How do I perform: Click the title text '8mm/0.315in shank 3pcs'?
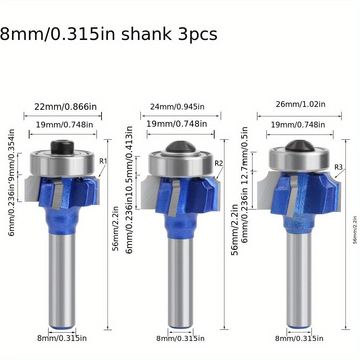pos(108,35)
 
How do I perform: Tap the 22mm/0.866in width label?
pos(66,107)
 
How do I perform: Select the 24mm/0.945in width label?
pos(177,107)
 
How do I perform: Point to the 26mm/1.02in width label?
pos(301,104)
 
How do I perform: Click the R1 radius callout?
pos(103,161)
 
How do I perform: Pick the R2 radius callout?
pos(219,163)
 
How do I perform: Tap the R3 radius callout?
pos(338,167)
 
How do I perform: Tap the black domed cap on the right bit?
pos(298,146)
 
